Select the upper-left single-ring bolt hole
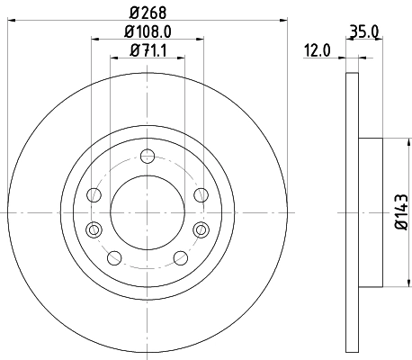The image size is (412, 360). coord(94,194)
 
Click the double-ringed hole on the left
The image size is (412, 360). coord(94,229)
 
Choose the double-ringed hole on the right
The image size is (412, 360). coord(199,229)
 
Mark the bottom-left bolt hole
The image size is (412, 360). coord(113,259)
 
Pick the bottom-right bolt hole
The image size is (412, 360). coord(178,259)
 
